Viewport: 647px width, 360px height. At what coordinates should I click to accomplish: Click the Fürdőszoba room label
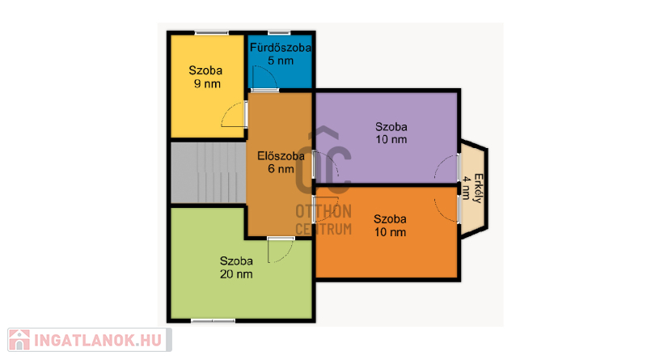point(280,48)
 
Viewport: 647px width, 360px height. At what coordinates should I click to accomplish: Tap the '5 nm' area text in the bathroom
point(281,61)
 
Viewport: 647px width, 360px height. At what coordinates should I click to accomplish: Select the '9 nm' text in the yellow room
point(207,84)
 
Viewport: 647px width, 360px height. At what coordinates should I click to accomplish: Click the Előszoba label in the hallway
point(281,156)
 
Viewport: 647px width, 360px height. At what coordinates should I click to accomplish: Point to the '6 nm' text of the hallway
point(281,169)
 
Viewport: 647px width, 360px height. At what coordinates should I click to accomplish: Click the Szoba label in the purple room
point(391,127)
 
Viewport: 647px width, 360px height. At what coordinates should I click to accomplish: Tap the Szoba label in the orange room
point(390,218)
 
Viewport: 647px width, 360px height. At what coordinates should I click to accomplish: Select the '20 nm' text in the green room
point(236,274)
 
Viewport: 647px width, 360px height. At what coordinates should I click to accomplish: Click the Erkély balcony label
point(478,188)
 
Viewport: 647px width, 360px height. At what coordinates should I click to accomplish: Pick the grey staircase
point(209,172)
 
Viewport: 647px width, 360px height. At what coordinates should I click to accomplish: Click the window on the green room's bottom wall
point(213,321)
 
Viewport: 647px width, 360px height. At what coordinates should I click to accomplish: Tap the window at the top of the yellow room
point(212,32)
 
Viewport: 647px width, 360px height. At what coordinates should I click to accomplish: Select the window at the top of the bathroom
point(279,32)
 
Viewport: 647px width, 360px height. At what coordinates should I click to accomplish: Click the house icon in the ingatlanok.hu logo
point(19,340)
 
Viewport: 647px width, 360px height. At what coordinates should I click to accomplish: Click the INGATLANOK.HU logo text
point(98,341)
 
